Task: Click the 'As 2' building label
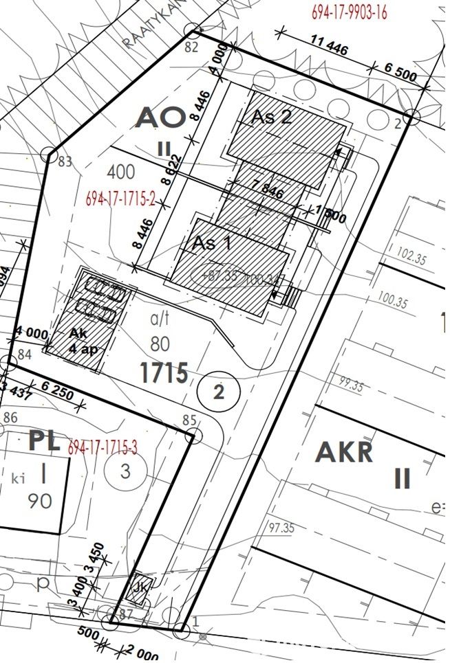tap(271, 117)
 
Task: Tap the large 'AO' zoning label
tap(161, 117)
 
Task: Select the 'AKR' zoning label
tap(344, 452)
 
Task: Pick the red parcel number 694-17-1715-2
tap(121, 199)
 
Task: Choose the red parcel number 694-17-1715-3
tap(103, 448)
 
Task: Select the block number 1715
tap(164, 373)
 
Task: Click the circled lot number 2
tap(219, 392)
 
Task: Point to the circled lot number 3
tap(125, 471)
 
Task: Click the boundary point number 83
tap(65, 162)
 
